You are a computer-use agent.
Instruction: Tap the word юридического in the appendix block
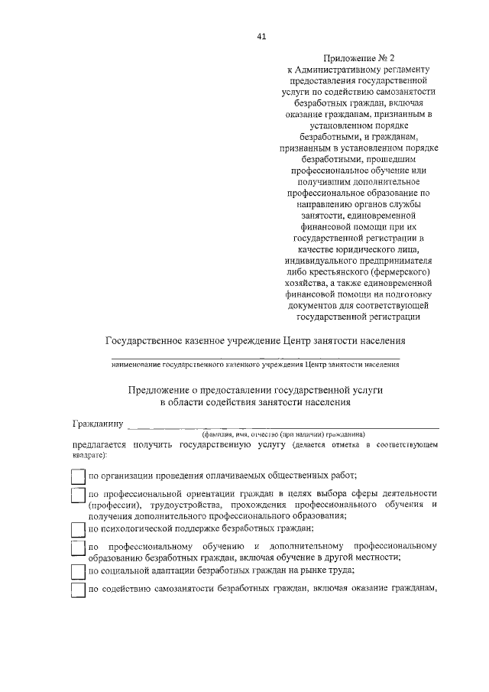[352, 249]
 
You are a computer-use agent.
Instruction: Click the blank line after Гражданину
[283, 426]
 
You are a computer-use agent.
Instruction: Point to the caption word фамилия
[217, 434]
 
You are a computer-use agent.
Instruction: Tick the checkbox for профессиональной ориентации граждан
[77, 495]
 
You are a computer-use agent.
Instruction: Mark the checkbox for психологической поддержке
[77, 529]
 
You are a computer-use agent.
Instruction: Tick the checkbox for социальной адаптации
[77, 571]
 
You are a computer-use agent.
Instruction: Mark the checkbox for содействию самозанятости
[77, 591]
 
